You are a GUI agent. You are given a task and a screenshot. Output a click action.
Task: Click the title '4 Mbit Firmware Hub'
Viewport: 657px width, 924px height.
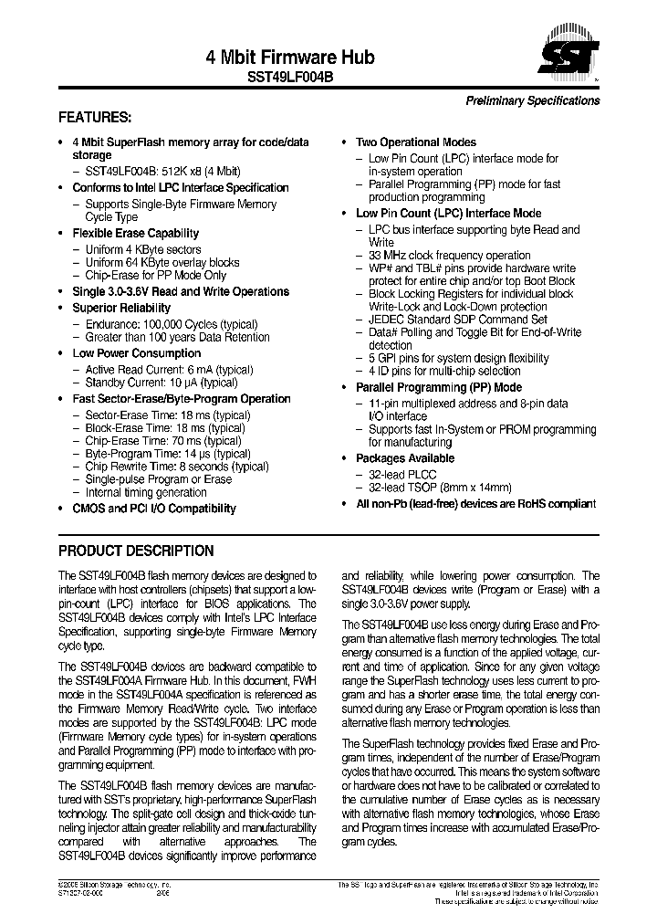tap(290, 57)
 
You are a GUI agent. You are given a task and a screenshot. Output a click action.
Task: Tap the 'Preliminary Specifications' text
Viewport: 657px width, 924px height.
tap(533, 100)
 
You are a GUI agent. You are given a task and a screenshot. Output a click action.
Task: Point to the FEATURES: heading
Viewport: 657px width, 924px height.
tap(95, 118)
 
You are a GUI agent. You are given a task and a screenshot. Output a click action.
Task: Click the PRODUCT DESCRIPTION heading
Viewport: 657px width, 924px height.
tap(136, 551)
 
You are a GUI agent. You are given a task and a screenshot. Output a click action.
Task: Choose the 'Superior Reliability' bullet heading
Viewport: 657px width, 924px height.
tap(121, 309)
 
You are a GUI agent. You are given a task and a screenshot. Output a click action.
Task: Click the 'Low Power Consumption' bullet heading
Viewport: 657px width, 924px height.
tap(136, 353)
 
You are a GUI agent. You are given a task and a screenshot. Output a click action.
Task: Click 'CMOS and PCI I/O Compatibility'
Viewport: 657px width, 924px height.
tap(153, 509)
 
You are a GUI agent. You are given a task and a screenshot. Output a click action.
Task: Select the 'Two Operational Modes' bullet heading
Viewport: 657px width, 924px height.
tap(415, 142)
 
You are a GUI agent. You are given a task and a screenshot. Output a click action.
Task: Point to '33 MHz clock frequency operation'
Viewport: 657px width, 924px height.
tap(449, 256)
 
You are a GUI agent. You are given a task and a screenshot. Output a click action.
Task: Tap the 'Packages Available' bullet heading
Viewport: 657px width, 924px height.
tap(404, 458)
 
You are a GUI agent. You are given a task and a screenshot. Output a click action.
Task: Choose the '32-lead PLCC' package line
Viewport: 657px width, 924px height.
tap(402, 475)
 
